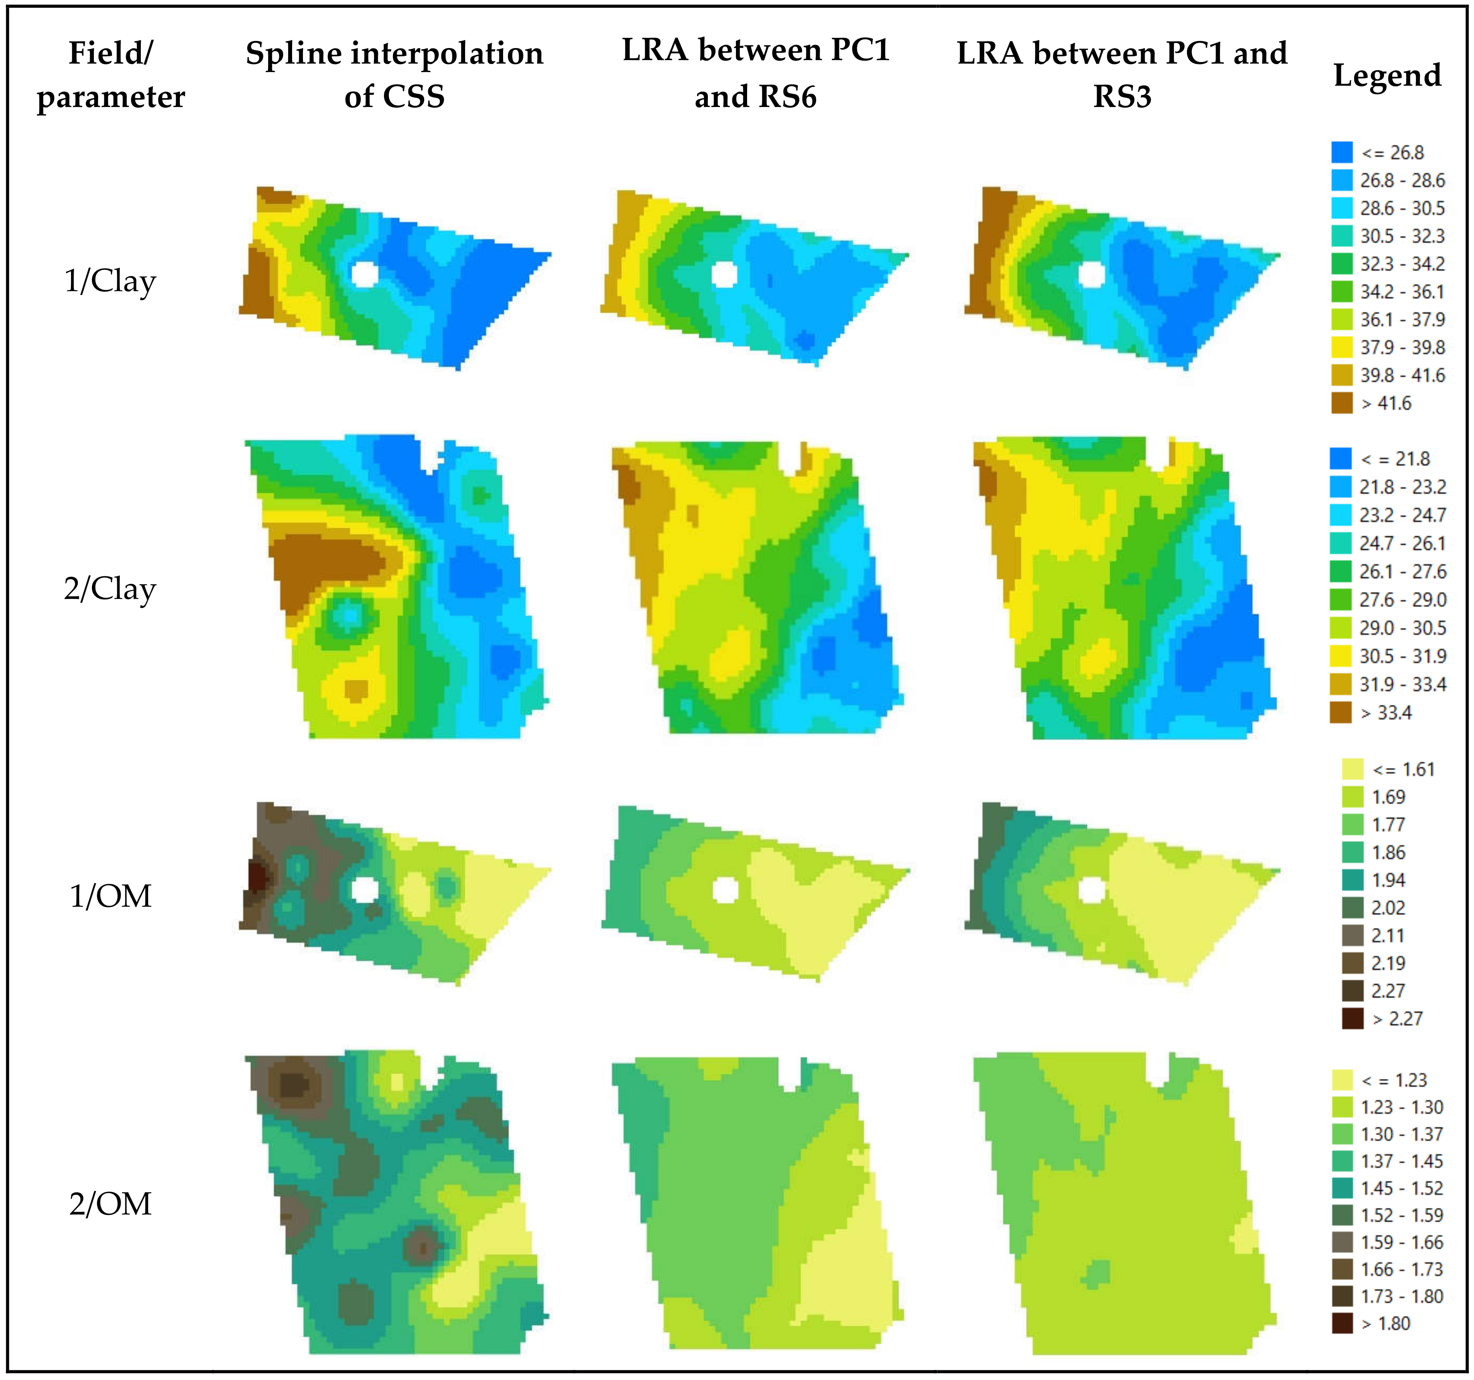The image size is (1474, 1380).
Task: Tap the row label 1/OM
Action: [x=110, y=896]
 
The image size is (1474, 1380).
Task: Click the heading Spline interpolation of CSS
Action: [x=394, y=74]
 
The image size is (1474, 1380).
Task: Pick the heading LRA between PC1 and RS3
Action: [x=1122, y=74]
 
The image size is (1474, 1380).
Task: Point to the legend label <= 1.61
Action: [x=1403, y=769]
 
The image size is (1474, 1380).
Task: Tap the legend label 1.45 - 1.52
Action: [x=1401, y=1188]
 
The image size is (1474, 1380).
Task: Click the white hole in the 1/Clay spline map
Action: [x=364, y=273]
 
